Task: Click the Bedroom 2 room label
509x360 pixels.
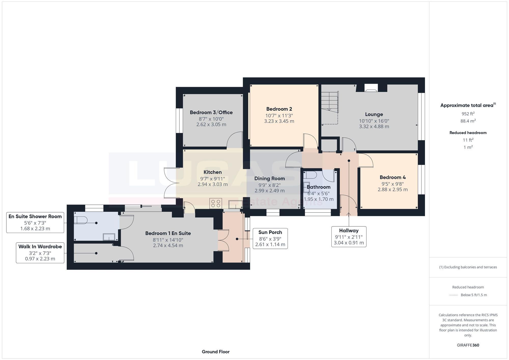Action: [x=279, y=109]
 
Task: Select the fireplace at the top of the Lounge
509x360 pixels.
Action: [x=371, y=88]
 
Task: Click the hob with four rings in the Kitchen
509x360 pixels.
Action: [x=216, y=204]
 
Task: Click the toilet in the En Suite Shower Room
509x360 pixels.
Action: [x=81, y=220]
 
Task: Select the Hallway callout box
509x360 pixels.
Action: [x=349, y=237]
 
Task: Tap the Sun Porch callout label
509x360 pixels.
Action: [x=270, y=233]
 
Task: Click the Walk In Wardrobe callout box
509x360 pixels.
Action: [x=40, y=252]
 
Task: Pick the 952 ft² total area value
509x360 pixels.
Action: [x=468, y=114]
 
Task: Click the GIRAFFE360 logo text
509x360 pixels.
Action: [x=468, y=345]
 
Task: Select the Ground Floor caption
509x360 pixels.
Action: [x=216, y=352]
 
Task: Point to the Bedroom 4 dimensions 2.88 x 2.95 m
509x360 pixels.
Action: [x=392, y=190]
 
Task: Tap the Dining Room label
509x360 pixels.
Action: [x=269, y=179]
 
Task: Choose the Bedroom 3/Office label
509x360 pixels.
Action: [x=211, y=112]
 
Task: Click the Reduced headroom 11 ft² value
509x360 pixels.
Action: [x=468, y=140]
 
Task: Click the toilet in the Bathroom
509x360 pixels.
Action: [x=311, y=175]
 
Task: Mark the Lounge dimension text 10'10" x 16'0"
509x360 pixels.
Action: [x=374, y=121]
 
